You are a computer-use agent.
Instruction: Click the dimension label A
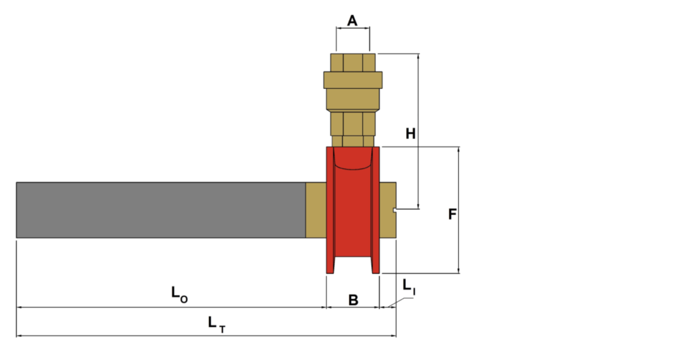(x=353, y=21)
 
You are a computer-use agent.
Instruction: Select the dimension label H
(x=411, y=134)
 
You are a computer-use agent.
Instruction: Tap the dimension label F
(x=452, y=214)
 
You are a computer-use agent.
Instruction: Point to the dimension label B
(x=353, y=300)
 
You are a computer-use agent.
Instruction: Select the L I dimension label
(x=409, y=287)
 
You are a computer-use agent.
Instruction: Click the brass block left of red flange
(x=316, y=210)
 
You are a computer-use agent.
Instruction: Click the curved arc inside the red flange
(x=353, y=164)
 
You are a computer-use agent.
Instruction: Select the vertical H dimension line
(x=419, y=170)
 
